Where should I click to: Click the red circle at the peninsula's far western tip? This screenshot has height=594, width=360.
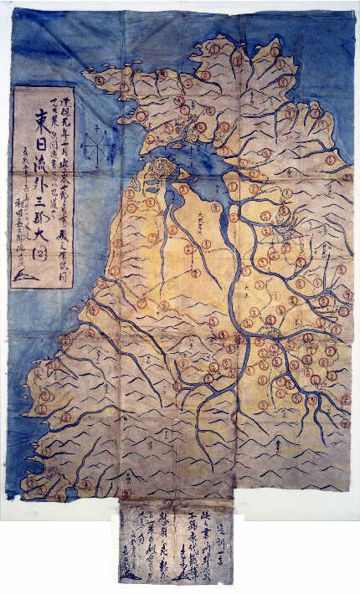pos(32,484)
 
